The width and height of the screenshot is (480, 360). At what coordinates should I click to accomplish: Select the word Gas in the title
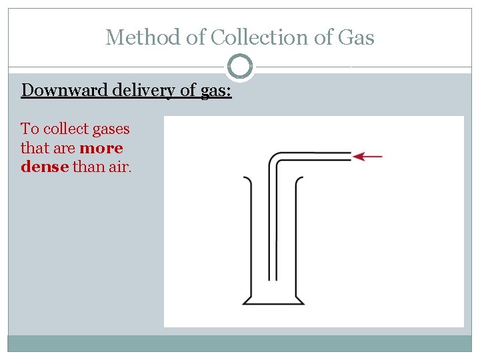tap(356, 37)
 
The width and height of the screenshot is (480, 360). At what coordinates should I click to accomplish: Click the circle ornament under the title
tap(240, 67)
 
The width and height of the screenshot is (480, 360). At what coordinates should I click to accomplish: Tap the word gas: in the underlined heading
tap(215, 90)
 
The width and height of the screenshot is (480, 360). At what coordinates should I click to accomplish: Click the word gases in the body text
tap(111, 129)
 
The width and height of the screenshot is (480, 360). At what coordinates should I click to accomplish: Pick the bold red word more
tap(101, 147)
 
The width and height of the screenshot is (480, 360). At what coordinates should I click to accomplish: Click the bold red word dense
tap(45, 166)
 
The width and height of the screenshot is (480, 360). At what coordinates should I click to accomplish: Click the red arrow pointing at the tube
tap(367, 157)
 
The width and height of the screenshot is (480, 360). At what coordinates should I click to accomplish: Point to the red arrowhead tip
tap(354, 157)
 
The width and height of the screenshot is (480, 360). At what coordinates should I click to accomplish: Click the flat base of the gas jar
tap(273, 304)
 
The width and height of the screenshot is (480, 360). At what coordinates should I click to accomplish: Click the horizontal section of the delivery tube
tap(313, 157)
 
